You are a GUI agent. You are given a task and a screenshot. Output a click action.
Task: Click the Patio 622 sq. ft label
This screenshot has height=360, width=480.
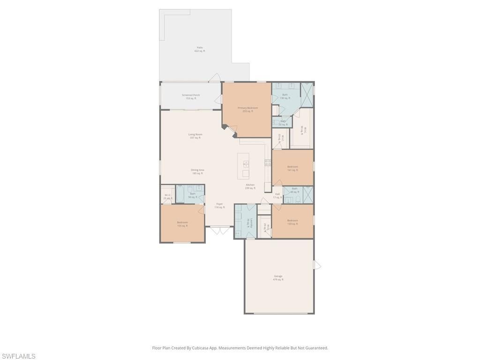coord(200,49)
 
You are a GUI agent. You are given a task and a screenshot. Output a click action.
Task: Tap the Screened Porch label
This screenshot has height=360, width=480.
coord(191,97)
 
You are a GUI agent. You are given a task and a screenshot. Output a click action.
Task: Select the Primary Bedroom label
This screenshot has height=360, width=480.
coord(247,110)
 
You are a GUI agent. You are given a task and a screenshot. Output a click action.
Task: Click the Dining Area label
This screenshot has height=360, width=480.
coord(197,172)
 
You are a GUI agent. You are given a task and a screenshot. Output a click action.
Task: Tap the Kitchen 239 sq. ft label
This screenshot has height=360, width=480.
coord(250,186)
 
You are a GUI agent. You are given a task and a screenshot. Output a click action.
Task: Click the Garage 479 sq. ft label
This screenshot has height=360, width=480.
coord(278,277)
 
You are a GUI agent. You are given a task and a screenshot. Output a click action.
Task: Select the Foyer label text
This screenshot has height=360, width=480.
coord(219,205)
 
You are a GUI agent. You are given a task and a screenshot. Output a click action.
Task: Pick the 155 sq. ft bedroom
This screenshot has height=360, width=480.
coord(182,224)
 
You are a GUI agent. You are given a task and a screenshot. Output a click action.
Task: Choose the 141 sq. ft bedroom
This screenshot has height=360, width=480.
coord(292,168)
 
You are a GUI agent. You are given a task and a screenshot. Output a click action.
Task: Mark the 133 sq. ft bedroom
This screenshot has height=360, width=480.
coord(292,222)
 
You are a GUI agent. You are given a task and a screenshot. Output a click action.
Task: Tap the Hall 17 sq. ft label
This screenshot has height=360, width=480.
coord(277,195)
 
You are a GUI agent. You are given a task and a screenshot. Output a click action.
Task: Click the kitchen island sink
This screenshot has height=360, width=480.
coord(246,164)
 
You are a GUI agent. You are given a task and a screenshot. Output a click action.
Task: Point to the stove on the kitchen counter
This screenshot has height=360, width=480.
coord(268,163)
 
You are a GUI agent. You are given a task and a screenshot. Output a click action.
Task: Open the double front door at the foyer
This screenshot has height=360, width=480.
coord(219,230)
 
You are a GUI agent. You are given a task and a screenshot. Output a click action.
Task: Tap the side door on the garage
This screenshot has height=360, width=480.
coord(317,265)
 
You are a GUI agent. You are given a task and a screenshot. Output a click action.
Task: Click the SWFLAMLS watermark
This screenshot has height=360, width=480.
coord(18,357)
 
